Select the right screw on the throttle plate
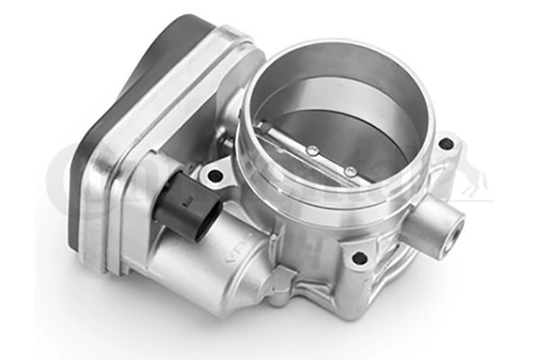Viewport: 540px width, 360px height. coord(349,170)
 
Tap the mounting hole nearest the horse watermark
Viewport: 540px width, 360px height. coord(445,144)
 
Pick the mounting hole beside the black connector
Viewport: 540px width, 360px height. coord(213,174)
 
